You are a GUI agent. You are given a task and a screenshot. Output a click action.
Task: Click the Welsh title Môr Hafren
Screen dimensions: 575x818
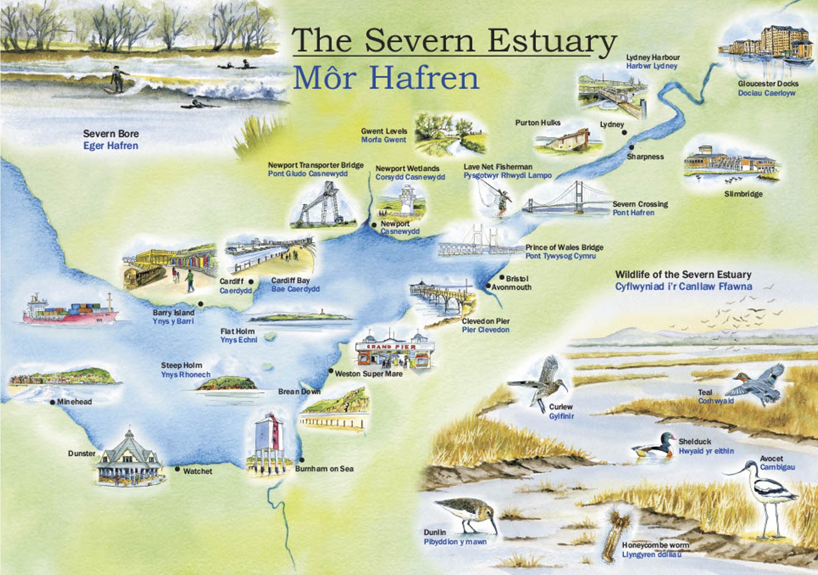(x=386, y=78)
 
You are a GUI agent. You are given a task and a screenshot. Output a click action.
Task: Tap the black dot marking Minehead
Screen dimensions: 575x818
(x=53, y=402)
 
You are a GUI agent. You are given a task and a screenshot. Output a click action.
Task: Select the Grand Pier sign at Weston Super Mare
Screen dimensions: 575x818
(x=391, y=347)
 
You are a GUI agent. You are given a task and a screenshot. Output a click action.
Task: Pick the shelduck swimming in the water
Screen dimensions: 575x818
(x=655, y=446)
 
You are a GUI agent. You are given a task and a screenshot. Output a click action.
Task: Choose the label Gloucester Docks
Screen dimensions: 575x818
(x=768, y=84)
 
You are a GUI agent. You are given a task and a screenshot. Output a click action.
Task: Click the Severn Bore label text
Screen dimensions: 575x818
(x=111, y=134)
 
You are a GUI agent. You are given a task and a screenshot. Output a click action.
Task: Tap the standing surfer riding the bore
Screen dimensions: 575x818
(x=117, y=79)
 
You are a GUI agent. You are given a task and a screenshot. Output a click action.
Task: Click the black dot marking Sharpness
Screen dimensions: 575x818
(x=631, y=147)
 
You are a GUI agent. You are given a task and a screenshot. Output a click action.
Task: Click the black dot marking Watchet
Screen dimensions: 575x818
(x=177, y=469)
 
